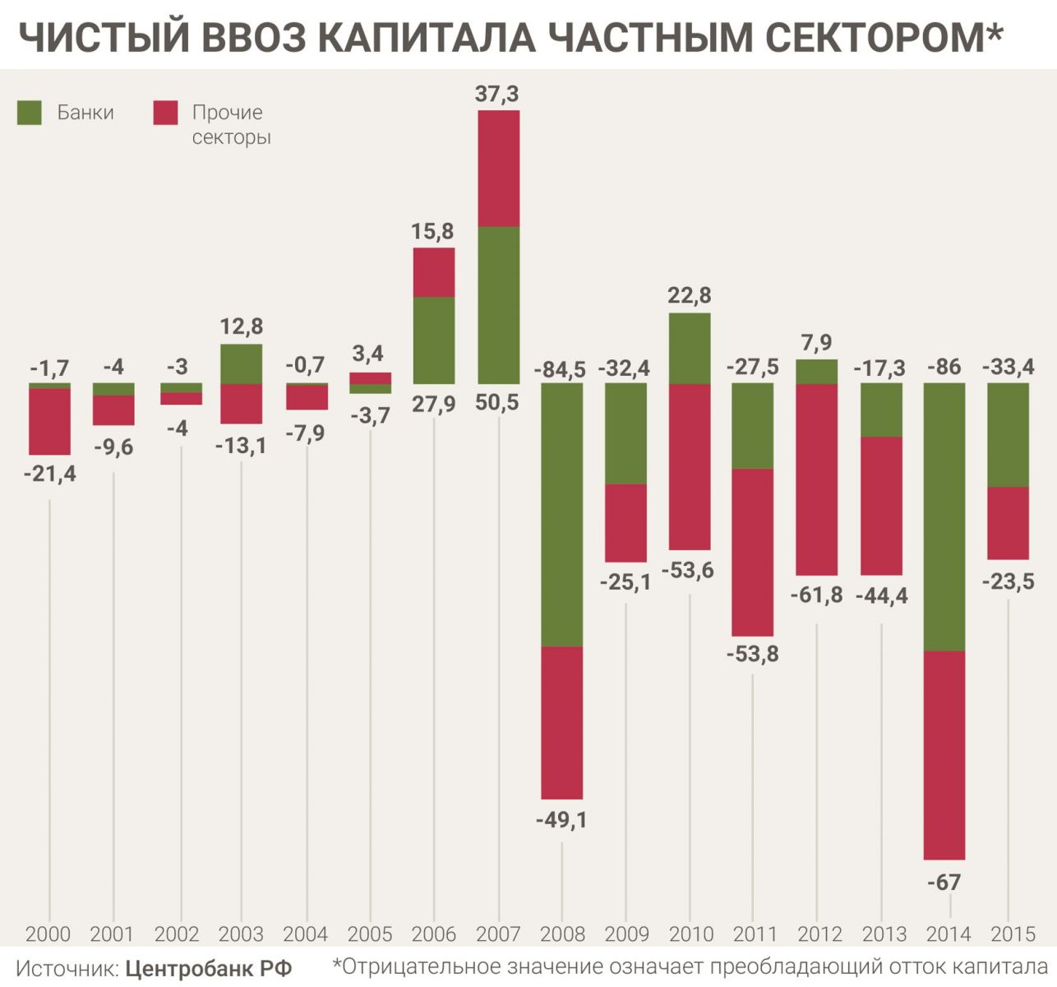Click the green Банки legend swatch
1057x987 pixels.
(30, 113)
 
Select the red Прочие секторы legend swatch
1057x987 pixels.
(165, 113)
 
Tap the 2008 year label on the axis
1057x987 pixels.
(562, 934)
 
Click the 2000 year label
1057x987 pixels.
(48, 934)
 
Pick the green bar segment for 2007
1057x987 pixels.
(499, 304)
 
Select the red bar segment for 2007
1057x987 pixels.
(499, 168)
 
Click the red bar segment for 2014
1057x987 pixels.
(944, 755)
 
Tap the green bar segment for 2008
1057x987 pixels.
(562, 515)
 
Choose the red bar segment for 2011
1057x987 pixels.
(753, 552)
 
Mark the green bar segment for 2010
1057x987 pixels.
(690, 348)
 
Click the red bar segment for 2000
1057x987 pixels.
(49, 421)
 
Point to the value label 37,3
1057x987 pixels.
(498, 95)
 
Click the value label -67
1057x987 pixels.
(944, 883)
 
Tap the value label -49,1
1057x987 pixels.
(561, 820)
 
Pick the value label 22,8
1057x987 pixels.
(690, 294)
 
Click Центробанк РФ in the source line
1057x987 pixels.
(209, 968)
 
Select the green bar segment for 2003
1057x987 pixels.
(242, 364)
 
